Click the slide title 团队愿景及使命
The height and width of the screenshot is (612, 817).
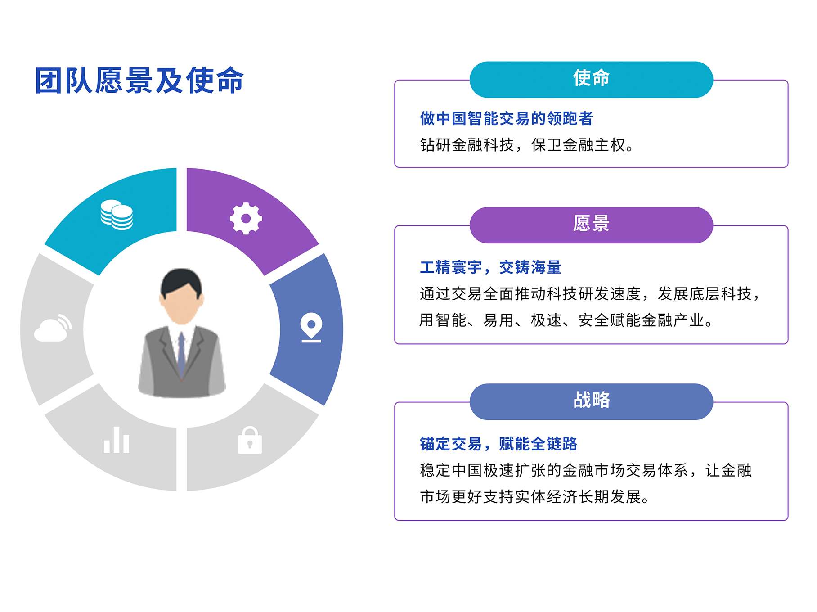(139, 81)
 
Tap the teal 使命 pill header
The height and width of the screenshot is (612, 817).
(591, 80)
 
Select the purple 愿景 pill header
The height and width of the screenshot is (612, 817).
(591, 225)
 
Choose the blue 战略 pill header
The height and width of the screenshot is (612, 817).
(591, 401)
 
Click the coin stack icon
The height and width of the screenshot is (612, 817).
(117, 215)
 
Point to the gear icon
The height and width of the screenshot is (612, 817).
(246, 218)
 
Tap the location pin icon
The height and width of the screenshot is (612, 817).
(311, 327)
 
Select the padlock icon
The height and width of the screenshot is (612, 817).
(250, 440)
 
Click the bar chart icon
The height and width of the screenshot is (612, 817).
(117, 440)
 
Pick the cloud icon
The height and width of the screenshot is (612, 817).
(53, 328)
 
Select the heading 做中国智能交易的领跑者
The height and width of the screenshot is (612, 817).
(506, 118)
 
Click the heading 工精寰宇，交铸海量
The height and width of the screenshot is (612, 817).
(490, 267)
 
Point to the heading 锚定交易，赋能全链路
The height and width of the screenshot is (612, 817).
(498, 444)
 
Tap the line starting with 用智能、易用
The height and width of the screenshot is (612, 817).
(566, 320)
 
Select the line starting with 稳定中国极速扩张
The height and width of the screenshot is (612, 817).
(585, 470)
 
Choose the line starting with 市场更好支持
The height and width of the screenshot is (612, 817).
(534, 496)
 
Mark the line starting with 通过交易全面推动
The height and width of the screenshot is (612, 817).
(590, 294)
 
